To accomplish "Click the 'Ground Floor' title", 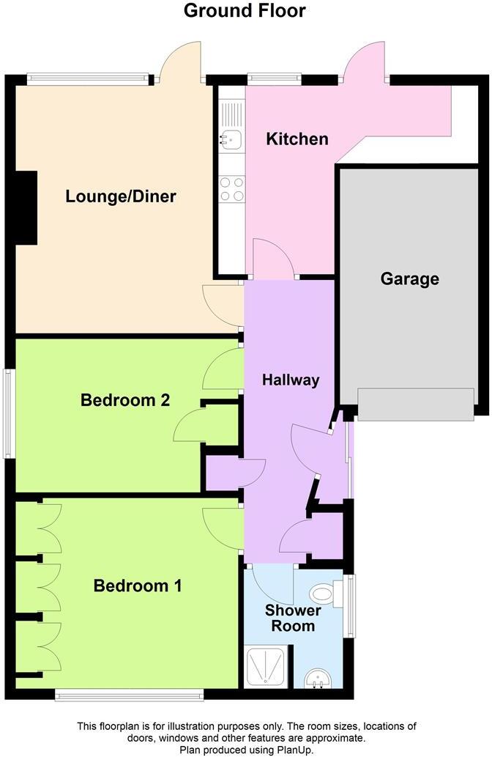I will click(x=245, y=11).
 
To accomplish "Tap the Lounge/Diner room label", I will click(x=121, y=196).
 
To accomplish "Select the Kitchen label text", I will click(x=297, y=139).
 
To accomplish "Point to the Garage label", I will click(x=409, y=278).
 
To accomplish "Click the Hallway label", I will click(x=291, y=380).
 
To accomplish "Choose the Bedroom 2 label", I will click(x=125, y=400).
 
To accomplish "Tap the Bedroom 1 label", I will click(x=138, y=586).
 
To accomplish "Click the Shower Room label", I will click(x=293, y=618).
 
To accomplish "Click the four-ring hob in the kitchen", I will click(x=232, y=188).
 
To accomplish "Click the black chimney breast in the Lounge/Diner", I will click(x=26, y=207).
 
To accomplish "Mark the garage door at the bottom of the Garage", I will click(x=415, y=405).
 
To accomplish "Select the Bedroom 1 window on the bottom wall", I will click(x=129, y=694).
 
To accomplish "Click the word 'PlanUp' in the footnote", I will click(x=285, y=750).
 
